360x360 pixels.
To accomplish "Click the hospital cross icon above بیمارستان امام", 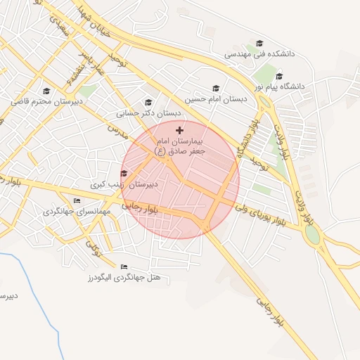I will [x=179, y=130].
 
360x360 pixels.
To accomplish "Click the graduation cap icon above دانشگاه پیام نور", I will [x=279, y=76].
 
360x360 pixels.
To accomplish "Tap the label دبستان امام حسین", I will [x=217, y=99].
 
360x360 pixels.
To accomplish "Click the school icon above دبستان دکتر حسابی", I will [x=148, y=103].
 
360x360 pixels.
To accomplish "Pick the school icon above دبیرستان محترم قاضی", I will [x=46, y=91].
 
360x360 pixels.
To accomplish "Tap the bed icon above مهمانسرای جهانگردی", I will [x=77, y=200].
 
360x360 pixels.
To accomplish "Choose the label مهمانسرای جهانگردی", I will [x=73, y=211].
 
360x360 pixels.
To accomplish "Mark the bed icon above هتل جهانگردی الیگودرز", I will [x=124, y=267].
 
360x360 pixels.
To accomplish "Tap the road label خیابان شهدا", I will [x=94, y=17].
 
